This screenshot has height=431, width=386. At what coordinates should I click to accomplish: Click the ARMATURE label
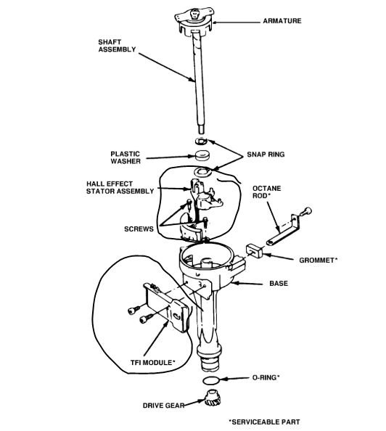[x=282, y=22]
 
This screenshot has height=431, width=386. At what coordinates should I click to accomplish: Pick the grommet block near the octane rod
[x=255, y=249]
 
